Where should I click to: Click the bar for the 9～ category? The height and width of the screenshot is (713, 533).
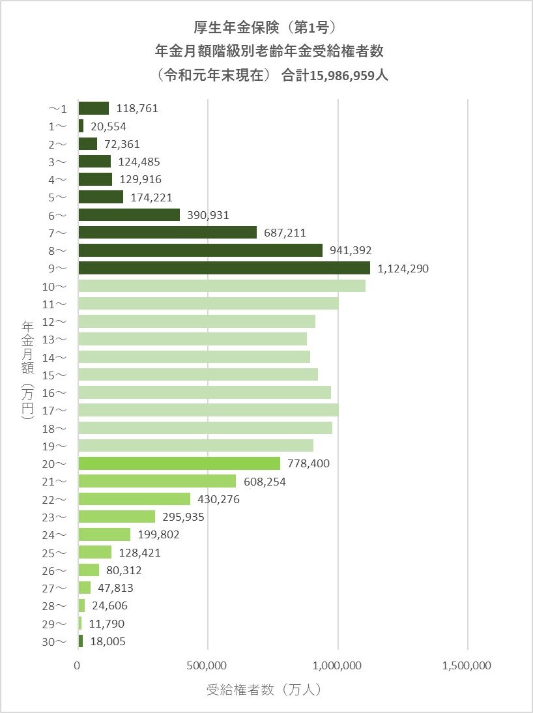pos(223,268)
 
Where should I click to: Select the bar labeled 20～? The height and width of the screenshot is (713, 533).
pos(179,463)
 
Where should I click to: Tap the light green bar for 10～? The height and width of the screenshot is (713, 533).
pos(222,285)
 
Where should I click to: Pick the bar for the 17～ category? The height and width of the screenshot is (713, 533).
pos(208,410)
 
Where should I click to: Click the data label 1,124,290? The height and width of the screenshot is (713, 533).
pos(403,268)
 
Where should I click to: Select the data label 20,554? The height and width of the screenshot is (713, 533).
pos(108,126)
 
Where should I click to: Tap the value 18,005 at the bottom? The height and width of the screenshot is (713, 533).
pos(108,641)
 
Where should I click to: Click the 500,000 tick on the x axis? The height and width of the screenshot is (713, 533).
pos(208,665)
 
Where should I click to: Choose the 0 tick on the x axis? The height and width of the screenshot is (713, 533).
pos(78,665)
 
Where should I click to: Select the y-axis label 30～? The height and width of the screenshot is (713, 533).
pos(55,641)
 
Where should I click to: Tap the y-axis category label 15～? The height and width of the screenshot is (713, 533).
pos(55,375)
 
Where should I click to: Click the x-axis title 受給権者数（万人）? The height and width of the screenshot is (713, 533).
pos(264,689)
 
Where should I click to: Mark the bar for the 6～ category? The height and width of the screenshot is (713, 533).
pos(129,214)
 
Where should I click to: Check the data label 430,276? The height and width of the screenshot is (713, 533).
pos(219,499)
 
